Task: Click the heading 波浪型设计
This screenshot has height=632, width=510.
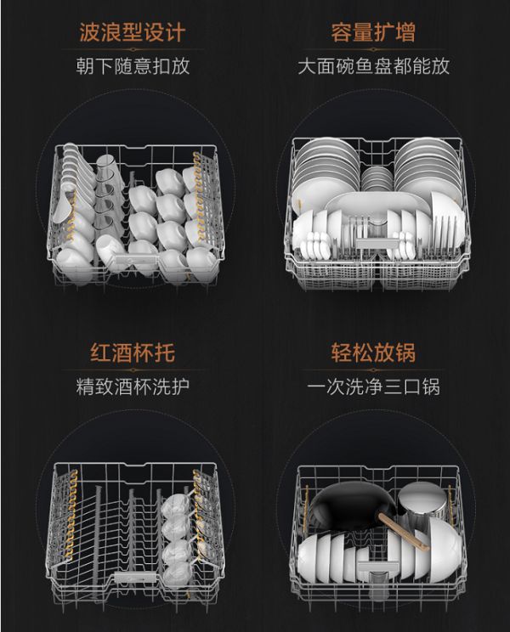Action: point(133,31)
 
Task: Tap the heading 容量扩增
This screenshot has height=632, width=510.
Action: point(373,31)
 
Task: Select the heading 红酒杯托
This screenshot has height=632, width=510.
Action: point(133,353)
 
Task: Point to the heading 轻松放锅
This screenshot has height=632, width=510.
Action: point(373,353)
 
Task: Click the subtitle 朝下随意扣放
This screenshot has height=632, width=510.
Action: point(133,66)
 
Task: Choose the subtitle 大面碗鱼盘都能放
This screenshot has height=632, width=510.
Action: point(373,66)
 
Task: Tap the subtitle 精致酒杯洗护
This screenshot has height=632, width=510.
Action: point(133,387)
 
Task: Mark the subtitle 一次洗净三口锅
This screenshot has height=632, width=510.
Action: point(373,387)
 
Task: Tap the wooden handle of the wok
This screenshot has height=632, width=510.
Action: point(404,533)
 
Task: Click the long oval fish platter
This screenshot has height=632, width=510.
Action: point(377,205)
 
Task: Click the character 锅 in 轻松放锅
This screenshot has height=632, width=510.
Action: point(405,353)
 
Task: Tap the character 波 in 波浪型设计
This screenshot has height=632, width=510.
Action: point(89,31)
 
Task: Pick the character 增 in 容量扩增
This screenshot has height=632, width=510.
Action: point(405,31)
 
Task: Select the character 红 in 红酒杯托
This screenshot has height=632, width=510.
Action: point(100,353)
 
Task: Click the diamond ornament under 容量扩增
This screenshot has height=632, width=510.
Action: point(373,49)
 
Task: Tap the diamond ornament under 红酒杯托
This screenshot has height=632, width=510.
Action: point(133,370)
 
